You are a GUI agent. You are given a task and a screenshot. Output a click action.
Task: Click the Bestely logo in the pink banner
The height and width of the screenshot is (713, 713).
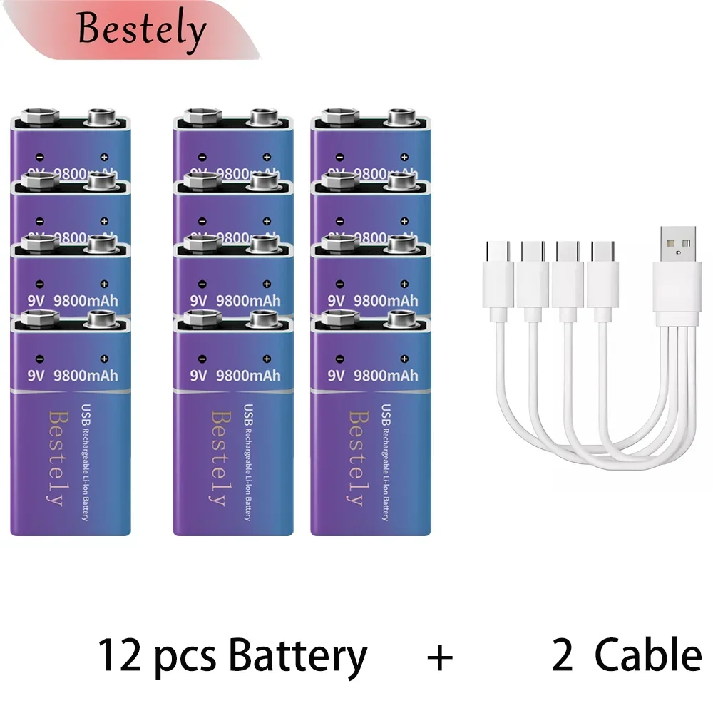tap(141, 30)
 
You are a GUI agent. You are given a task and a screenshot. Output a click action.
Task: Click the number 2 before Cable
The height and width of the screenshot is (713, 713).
tap(562, 655)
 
